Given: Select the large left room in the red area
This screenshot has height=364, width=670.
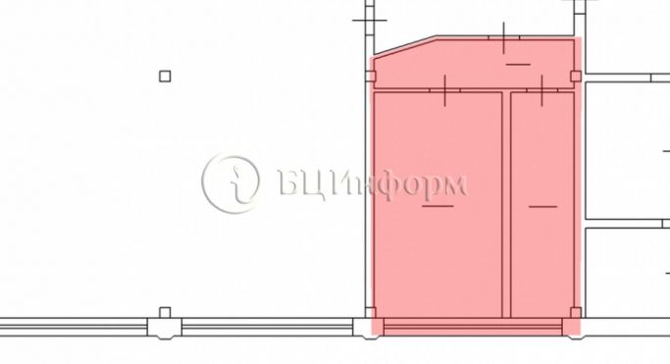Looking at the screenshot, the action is coord(438,205).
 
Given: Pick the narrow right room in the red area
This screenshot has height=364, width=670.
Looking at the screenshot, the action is coord(542,205).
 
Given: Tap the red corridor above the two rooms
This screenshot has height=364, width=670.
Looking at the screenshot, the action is coord(475,64).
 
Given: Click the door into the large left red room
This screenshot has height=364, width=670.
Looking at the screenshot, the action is coord(444,90).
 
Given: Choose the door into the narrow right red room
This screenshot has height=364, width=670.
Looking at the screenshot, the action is coord(542,90).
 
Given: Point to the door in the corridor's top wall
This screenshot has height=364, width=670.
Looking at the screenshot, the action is coord(504,38).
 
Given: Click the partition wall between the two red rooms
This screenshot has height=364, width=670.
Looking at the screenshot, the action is coord(506,205).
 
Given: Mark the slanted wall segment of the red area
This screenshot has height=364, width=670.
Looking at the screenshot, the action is coord(405,46).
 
